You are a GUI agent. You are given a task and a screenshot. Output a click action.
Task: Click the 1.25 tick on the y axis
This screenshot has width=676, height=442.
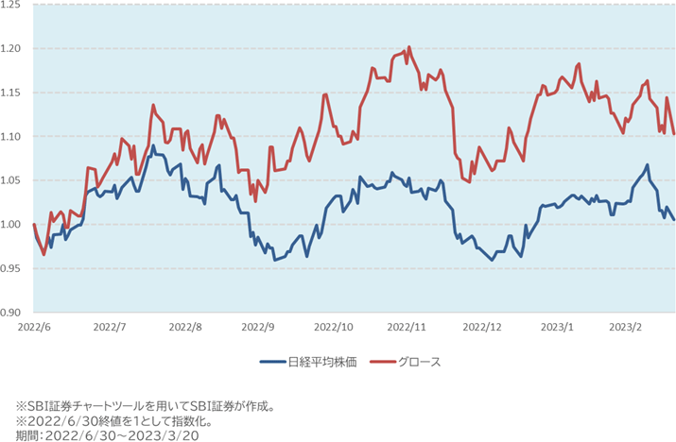(13, 5)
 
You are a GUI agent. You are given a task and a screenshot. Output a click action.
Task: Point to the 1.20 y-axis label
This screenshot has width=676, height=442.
(13, 48)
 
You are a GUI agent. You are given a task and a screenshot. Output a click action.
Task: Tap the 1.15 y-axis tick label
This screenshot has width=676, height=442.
(13, 93)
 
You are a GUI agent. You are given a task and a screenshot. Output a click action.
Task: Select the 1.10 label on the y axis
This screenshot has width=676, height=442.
(13, 136)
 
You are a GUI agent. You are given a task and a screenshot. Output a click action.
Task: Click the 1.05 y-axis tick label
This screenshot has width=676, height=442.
(13, 180)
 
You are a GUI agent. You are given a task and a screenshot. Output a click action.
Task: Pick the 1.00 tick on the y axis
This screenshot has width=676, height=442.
(13, 224)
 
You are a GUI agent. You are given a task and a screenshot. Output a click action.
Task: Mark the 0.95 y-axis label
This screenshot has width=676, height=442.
(13, 268)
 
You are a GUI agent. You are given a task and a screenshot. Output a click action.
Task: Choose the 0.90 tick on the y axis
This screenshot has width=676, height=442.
(13, 312)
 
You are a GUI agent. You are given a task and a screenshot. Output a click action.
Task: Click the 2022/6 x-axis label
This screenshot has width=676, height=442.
(33, 326)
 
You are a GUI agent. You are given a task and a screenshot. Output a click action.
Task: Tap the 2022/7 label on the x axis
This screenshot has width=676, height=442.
(110, 326)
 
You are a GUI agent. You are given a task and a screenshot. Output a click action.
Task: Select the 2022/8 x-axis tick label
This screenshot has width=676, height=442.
(184, 326)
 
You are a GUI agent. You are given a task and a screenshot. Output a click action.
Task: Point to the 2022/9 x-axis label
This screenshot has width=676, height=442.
(258, 326)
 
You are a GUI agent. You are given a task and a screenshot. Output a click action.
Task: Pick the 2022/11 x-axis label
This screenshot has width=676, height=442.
(408, 326)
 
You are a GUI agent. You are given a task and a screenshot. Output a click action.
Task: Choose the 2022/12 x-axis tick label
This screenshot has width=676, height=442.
(482, 326)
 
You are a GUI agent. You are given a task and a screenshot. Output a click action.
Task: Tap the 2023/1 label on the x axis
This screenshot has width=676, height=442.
(557, 326)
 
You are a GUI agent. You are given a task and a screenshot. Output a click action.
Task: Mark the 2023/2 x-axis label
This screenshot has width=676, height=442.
(625, 326)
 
